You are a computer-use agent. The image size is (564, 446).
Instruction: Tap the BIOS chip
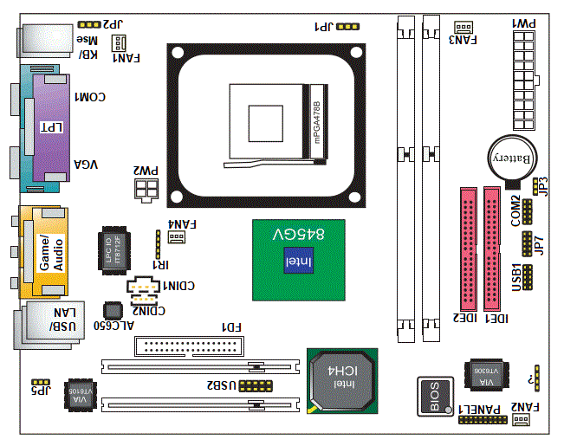[434, 396]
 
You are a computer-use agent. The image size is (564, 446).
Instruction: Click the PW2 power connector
[146, 189]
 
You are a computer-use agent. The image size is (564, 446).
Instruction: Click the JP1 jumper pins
[347, 27]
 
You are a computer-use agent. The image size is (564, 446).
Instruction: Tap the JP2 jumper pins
[88, 27]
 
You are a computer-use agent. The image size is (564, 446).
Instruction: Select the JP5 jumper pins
[40, 381]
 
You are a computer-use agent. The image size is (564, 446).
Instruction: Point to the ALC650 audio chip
[112, 311]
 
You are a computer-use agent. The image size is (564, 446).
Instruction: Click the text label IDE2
[466, 320]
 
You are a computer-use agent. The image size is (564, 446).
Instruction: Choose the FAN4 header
[176, 236]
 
